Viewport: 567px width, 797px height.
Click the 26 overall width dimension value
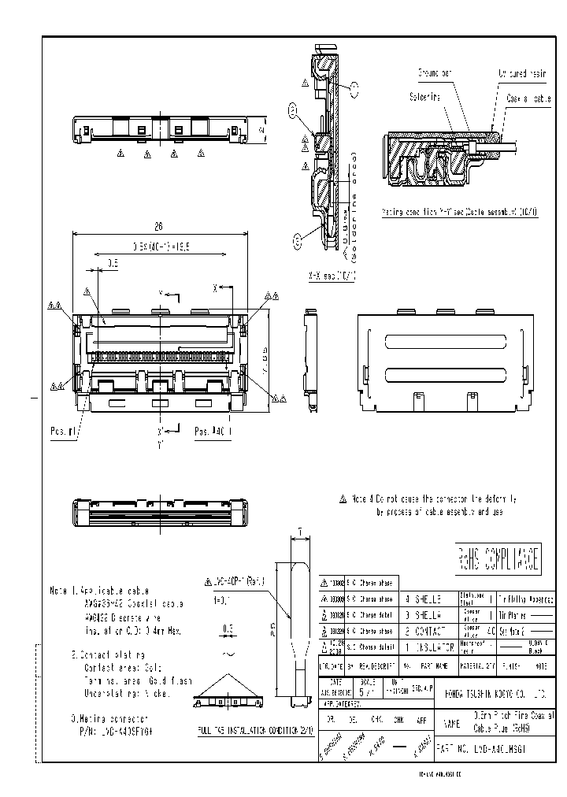pos(158,226)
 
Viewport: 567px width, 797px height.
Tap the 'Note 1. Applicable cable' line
pos(98,590)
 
